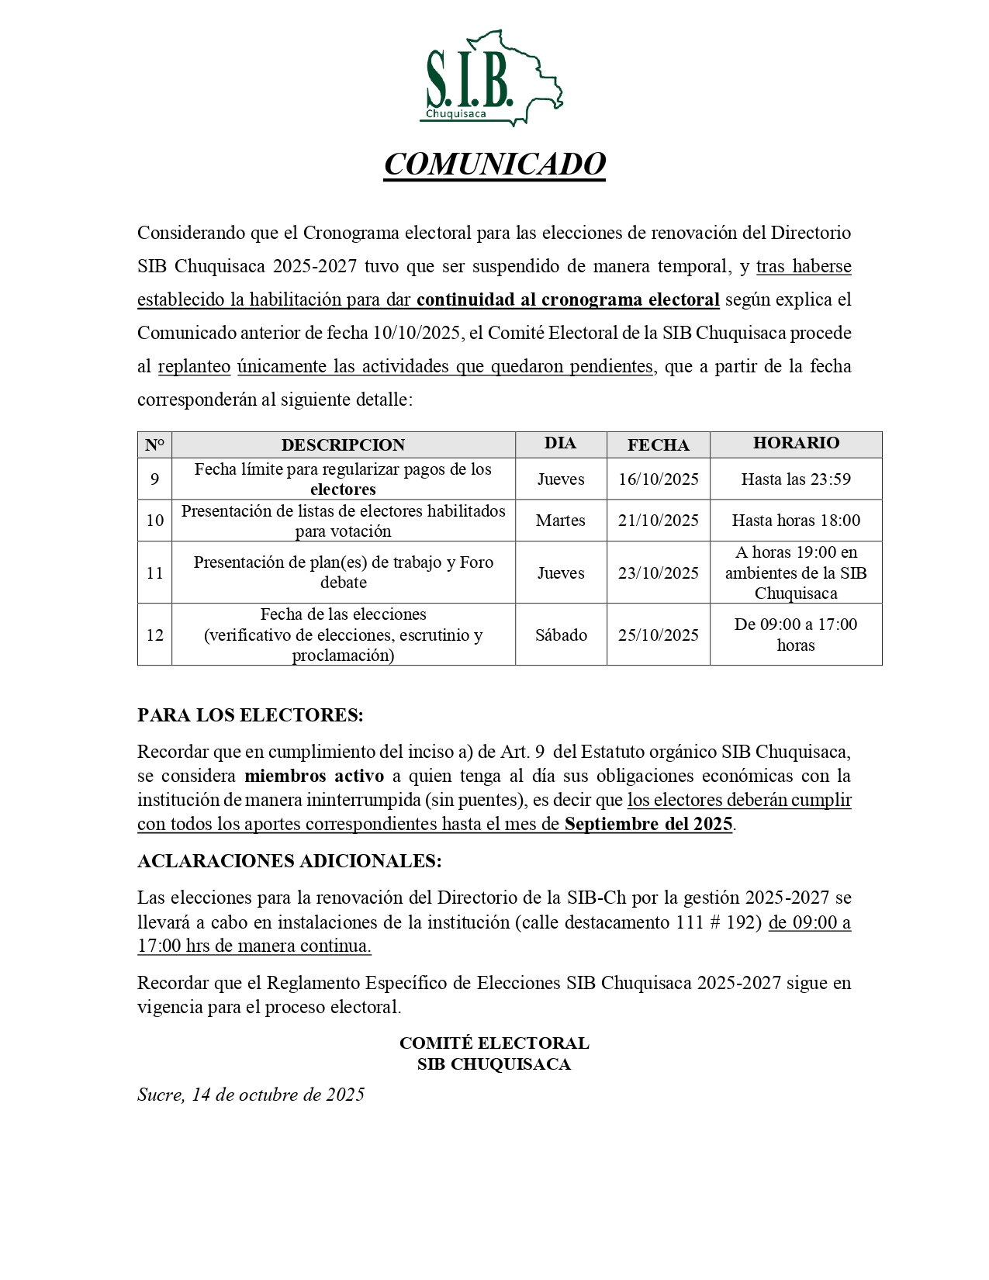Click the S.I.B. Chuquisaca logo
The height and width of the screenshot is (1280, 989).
pyautogui.click(x=494, y=79)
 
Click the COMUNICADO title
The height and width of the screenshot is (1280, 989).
pyautogui.click(x=494, y=164)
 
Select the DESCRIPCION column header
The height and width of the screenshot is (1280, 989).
pyautogui.click(x=343, y=445)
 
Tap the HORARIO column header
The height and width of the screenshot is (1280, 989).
pyautogui.click(x=796, y=443)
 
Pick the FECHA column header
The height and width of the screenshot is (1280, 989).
pyautogui.click(x=658, y=445)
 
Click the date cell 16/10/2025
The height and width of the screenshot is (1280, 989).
pyautogui.click(x=658, y=479)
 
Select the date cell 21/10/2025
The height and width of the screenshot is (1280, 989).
pyautogui.click(x=658, y=521)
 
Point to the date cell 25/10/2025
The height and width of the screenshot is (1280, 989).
pyautogui.click(x=658, y=635)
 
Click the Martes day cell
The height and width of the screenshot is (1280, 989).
pyautogui.click(x=560, y=521)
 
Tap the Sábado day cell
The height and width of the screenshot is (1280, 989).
pyautogui.click(x=560, y=635)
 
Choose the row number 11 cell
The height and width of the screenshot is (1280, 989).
pyautogui.click(x=154, y=573)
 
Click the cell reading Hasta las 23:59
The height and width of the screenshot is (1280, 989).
pyautogui.click(x=796, y=479)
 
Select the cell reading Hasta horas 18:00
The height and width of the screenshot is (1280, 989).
pyautogui.click(x=796, y=521)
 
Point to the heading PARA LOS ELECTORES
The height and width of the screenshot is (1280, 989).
pyautogui.click(x=250, y=715)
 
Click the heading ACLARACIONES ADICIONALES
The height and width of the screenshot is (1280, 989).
pyautogui.click(x=289, y=861)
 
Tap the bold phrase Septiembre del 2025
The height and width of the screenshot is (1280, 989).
pyautogui.click(x=648, y=824)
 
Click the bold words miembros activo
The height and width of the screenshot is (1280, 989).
pyautogui.click(x=314, y=776)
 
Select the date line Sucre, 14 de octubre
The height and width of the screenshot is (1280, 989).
pyautogui.click(x=251, y=1095)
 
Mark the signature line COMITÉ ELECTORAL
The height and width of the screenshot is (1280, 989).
pyautogui.click(x=494, y=1043)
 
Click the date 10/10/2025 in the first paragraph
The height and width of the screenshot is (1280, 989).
pyautogui.click(x=417, y=334)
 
